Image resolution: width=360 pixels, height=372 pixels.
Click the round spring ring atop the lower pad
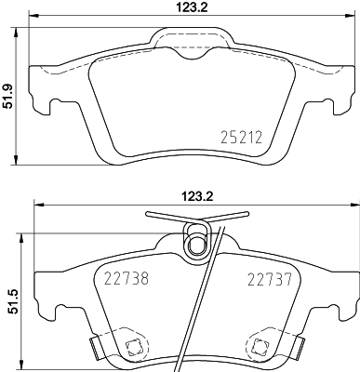click(x=196, y=245)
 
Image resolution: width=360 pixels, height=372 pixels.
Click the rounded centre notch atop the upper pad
click(x=196, y=49)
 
